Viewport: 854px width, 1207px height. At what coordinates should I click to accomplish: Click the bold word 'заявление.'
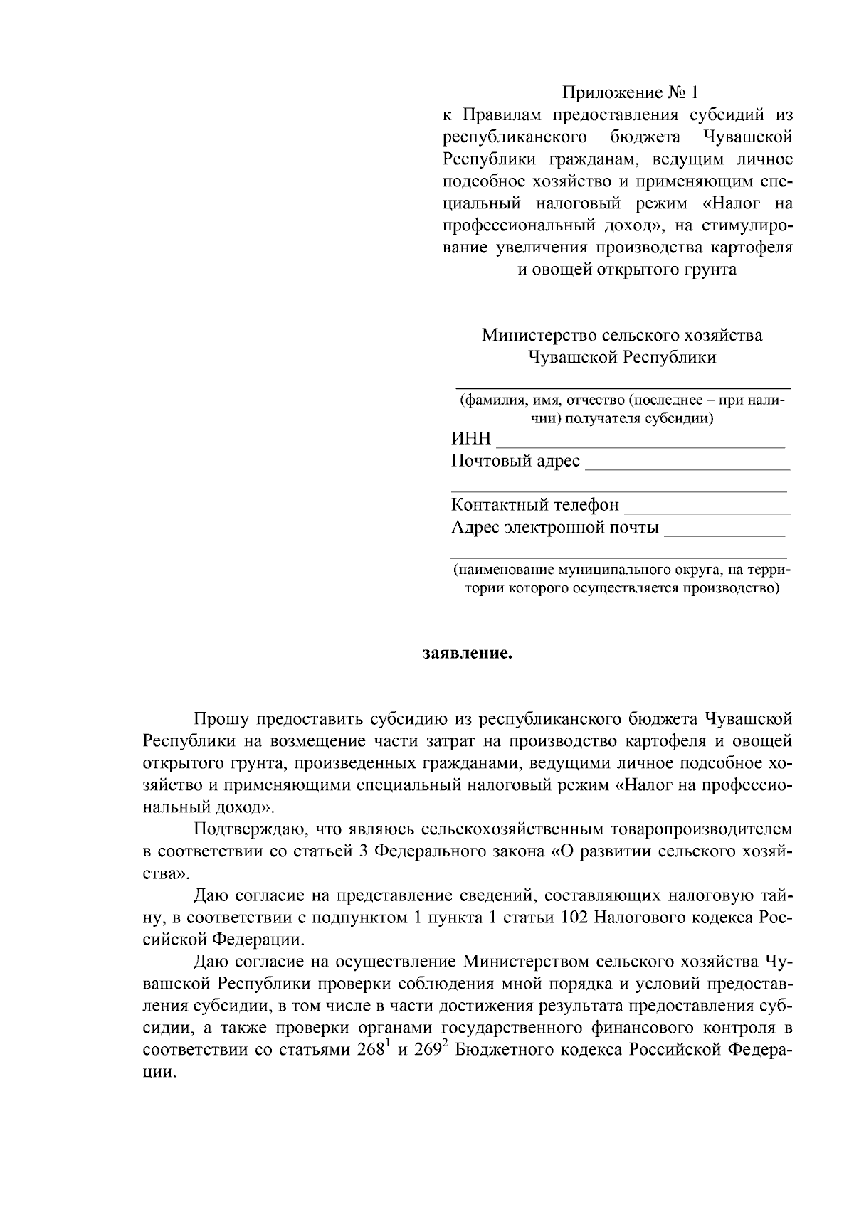click(468, 653)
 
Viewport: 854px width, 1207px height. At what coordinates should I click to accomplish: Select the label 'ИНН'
click(471, 439)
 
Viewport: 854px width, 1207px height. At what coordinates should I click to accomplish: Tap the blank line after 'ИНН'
click(639, 445)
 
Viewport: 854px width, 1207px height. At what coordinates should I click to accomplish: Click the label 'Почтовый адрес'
click(515, 461)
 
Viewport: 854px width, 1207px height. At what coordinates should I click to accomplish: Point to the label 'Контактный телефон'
click(534, 505)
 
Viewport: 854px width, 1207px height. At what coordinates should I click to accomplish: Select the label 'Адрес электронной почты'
click(554, 528)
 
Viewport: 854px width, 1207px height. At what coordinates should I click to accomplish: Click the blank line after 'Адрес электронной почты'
click(724, 533)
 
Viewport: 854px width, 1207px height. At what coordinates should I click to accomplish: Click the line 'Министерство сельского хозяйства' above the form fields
click(621, 335)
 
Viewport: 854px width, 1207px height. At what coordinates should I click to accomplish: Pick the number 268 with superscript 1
click(371, 1050)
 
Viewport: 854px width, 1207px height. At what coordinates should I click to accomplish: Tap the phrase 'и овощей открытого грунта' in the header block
click(626, 270)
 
